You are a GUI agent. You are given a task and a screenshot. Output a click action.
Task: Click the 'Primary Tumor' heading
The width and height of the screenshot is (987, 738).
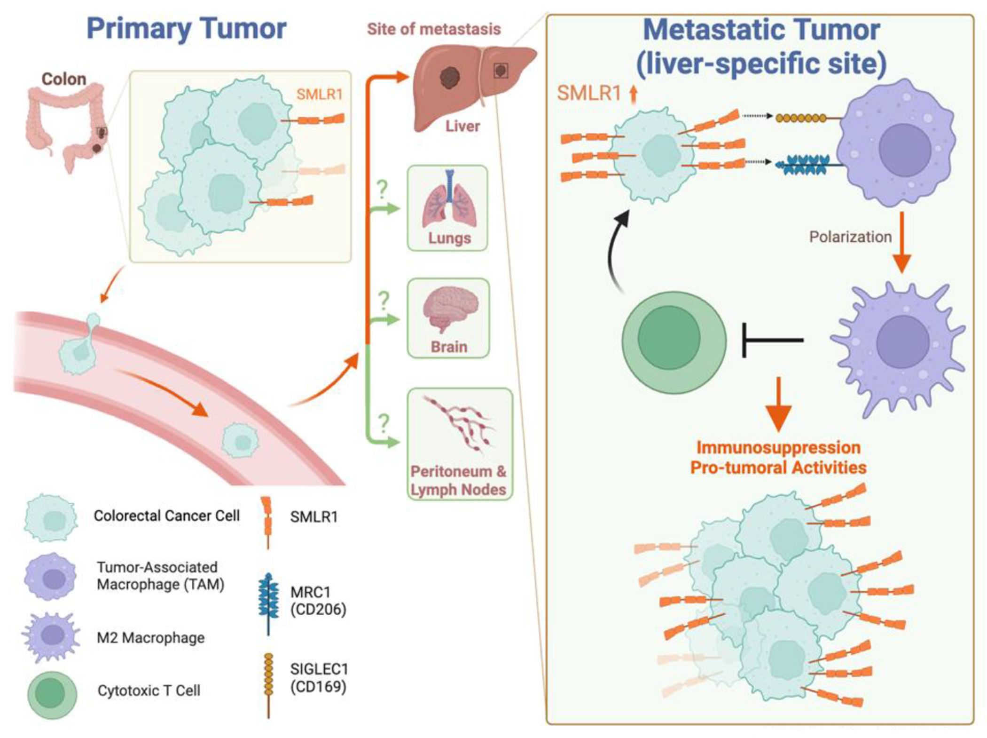186,29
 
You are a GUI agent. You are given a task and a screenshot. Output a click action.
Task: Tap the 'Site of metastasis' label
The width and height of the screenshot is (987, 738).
433,29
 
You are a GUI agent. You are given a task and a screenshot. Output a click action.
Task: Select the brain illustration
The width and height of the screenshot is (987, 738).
450,308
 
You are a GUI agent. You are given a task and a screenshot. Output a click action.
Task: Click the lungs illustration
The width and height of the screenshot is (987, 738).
449,200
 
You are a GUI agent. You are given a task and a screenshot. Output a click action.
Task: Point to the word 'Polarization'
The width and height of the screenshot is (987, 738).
850,237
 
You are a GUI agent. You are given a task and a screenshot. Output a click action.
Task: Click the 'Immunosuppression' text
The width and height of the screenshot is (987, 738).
778,447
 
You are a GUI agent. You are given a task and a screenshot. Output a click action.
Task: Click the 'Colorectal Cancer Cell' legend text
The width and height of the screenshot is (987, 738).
166,516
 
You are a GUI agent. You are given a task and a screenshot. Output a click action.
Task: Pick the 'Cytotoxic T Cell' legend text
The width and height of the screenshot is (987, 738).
149,690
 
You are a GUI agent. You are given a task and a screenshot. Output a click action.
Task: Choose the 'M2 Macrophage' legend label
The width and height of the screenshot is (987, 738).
150,638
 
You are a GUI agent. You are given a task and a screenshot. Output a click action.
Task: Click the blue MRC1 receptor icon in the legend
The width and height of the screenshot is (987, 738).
268,602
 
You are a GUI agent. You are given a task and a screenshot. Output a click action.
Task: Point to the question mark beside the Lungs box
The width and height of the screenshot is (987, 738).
382,189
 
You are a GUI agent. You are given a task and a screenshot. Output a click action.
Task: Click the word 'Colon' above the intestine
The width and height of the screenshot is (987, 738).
64,79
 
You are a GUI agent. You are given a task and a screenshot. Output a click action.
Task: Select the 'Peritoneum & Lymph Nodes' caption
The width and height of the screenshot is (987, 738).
458,480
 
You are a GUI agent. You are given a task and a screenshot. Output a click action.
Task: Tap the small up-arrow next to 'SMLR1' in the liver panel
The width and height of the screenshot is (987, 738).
633,94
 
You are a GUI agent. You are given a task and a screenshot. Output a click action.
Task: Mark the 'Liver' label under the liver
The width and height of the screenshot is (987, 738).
462,126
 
